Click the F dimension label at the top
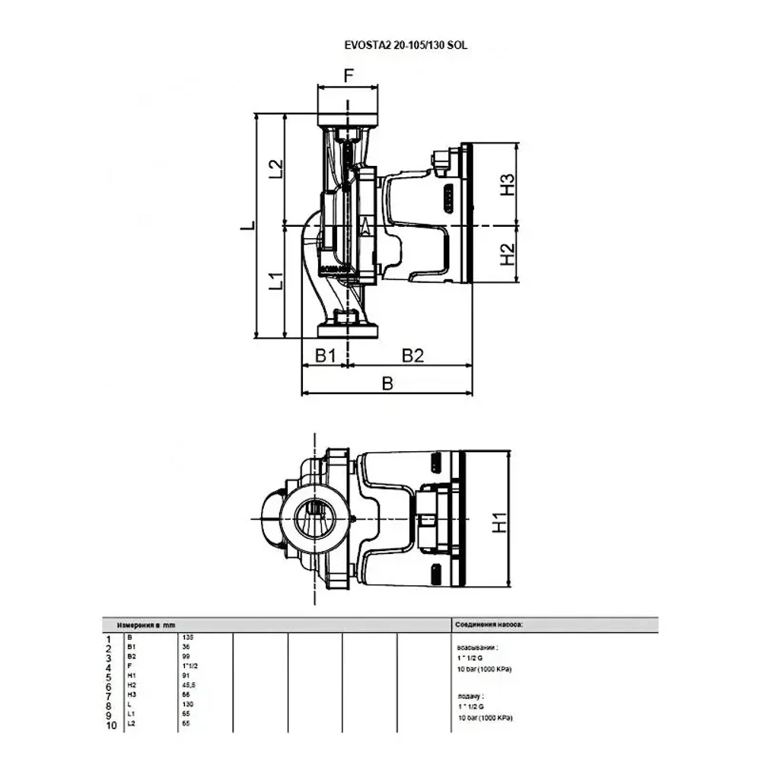point(349,75)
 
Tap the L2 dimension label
point(276,170)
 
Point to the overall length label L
point(244,227)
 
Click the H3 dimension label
point(508,185)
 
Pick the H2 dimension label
point(508,254)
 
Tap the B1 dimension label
point(326,355)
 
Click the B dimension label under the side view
point(387,384)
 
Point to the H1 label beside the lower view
point(498,524)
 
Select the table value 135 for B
point(188,637)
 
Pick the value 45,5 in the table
point(189,685)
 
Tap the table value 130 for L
point(188,705)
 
